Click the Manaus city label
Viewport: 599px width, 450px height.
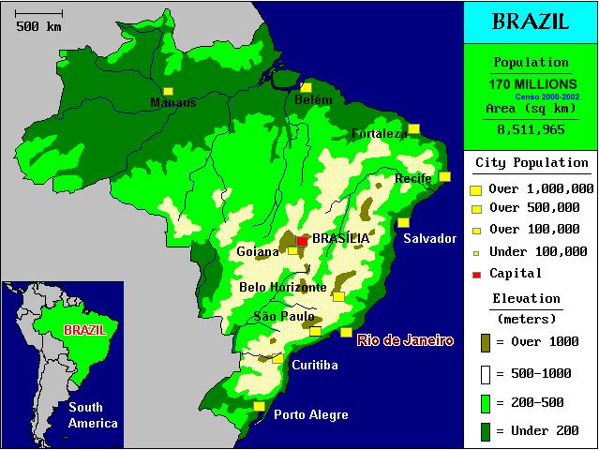173,102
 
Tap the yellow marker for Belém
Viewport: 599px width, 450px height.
306,87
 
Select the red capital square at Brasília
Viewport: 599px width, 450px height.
302,241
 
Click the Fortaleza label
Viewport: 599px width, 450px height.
380,134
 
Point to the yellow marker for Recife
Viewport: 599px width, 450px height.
444,176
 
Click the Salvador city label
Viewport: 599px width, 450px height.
429,238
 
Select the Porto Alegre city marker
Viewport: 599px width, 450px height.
259,405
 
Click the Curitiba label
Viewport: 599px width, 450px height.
314,365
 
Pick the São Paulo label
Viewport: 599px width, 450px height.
284,317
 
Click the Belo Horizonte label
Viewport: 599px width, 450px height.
283,287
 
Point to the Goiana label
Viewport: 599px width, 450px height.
258,251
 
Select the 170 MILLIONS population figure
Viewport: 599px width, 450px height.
532,84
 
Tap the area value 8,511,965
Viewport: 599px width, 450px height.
532,130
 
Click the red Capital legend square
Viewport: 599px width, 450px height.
476,274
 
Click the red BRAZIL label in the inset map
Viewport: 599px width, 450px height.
84,331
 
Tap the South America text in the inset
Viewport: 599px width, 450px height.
84,415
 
